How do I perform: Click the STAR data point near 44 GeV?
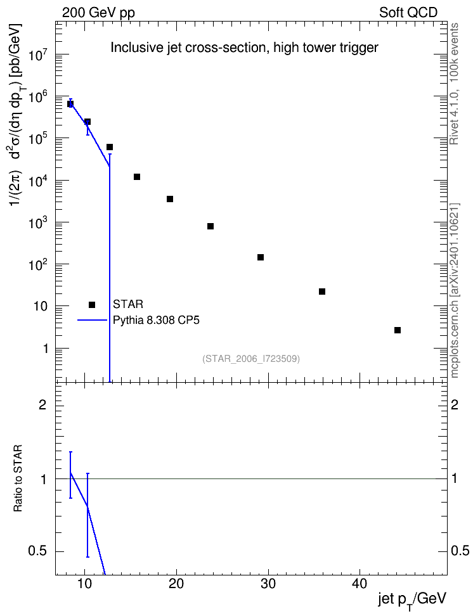pos(397,330)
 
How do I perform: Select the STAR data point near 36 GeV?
pos(322,292)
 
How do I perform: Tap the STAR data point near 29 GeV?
pos(261,257)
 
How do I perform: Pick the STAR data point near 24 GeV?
pos(211,226)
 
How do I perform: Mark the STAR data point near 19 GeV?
pos(170,199)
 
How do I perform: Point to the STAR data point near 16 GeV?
pos(137,177)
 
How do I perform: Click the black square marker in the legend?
pos(92,305)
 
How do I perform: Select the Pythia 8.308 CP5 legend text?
pos(156,321)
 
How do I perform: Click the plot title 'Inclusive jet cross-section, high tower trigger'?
pos(244,48)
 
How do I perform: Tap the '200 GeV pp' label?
pos(98,13)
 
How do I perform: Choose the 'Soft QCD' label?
pos(408,13)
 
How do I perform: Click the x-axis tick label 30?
pos(268,584)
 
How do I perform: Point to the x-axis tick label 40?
pos(360,584)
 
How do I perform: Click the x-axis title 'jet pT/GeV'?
pos(413,601)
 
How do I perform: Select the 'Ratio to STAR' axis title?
pos(18,478)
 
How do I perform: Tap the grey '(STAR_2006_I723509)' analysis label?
pos(251,359)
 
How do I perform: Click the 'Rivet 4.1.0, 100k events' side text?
pos(454,84)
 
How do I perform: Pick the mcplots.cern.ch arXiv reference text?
pos(454,290)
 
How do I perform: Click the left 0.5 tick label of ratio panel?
pos(37,551)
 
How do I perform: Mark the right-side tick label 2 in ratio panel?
pos(455,404)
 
